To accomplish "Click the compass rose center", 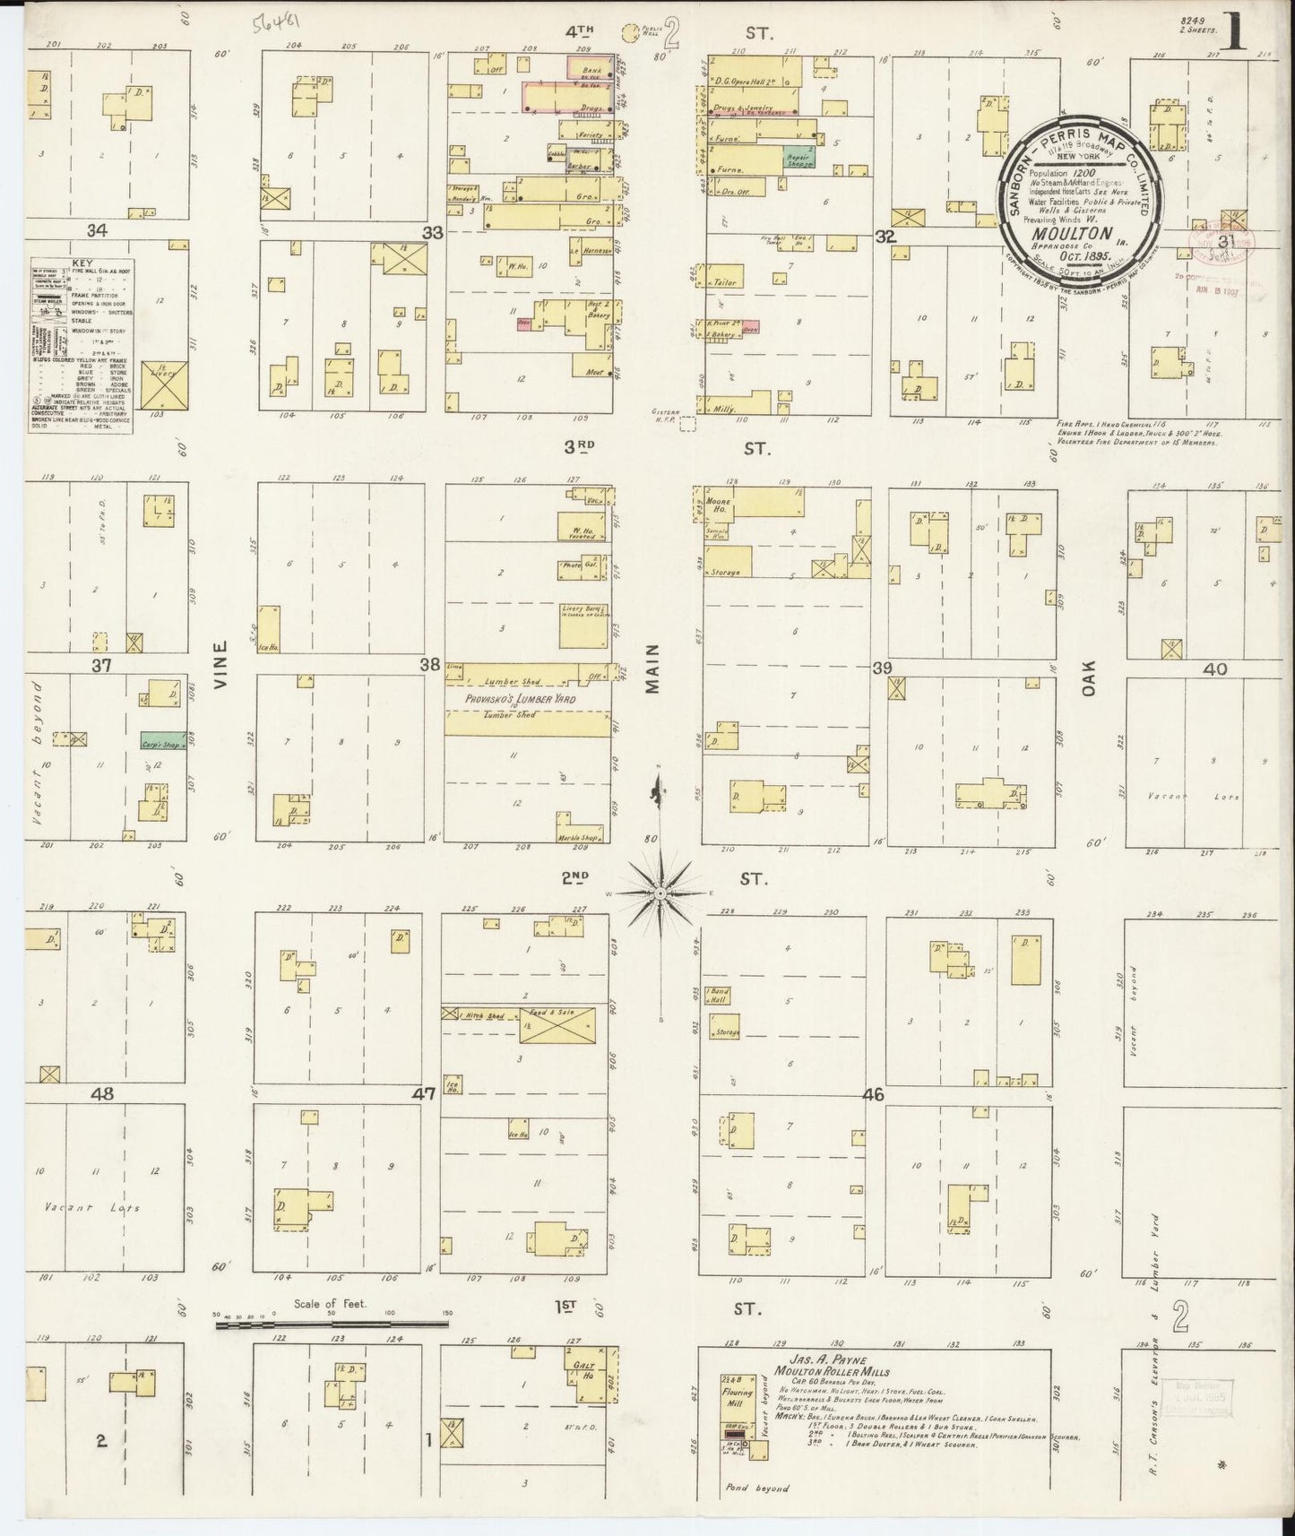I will click(x=660, y=893).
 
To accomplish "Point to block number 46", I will click(x=873, y=1094).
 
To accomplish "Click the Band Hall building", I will click(x=717, y=996).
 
